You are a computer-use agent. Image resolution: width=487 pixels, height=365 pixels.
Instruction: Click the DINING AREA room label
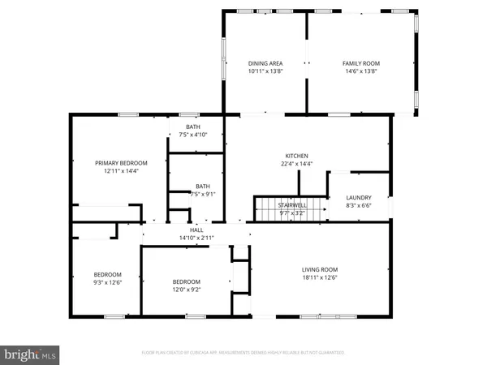pos(265,63)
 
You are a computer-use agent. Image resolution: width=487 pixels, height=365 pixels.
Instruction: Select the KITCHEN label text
pos(296,157)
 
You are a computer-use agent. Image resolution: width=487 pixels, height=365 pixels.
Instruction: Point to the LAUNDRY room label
pos(358,198)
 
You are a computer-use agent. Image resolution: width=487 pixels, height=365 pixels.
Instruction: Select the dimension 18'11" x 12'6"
pos(319,278)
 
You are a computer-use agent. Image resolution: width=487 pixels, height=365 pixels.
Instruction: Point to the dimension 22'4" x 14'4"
pos(296,165)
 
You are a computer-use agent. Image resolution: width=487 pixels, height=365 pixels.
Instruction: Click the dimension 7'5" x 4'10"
pos(193,135)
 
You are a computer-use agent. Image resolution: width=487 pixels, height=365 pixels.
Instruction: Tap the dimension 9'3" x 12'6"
pos(107,282)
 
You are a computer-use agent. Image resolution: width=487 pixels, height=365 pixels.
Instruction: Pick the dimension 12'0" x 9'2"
pos(186,290)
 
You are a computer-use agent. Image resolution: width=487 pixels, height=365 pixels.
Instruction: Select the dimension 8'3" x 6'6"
pos(358,206)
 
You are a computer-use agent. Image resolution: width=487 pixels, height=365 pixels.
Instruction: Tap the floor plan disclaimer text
pos(243,353)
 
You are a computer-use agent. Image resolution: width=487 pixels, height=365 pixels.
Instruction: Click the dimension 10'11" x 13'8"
pos(265,71)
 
